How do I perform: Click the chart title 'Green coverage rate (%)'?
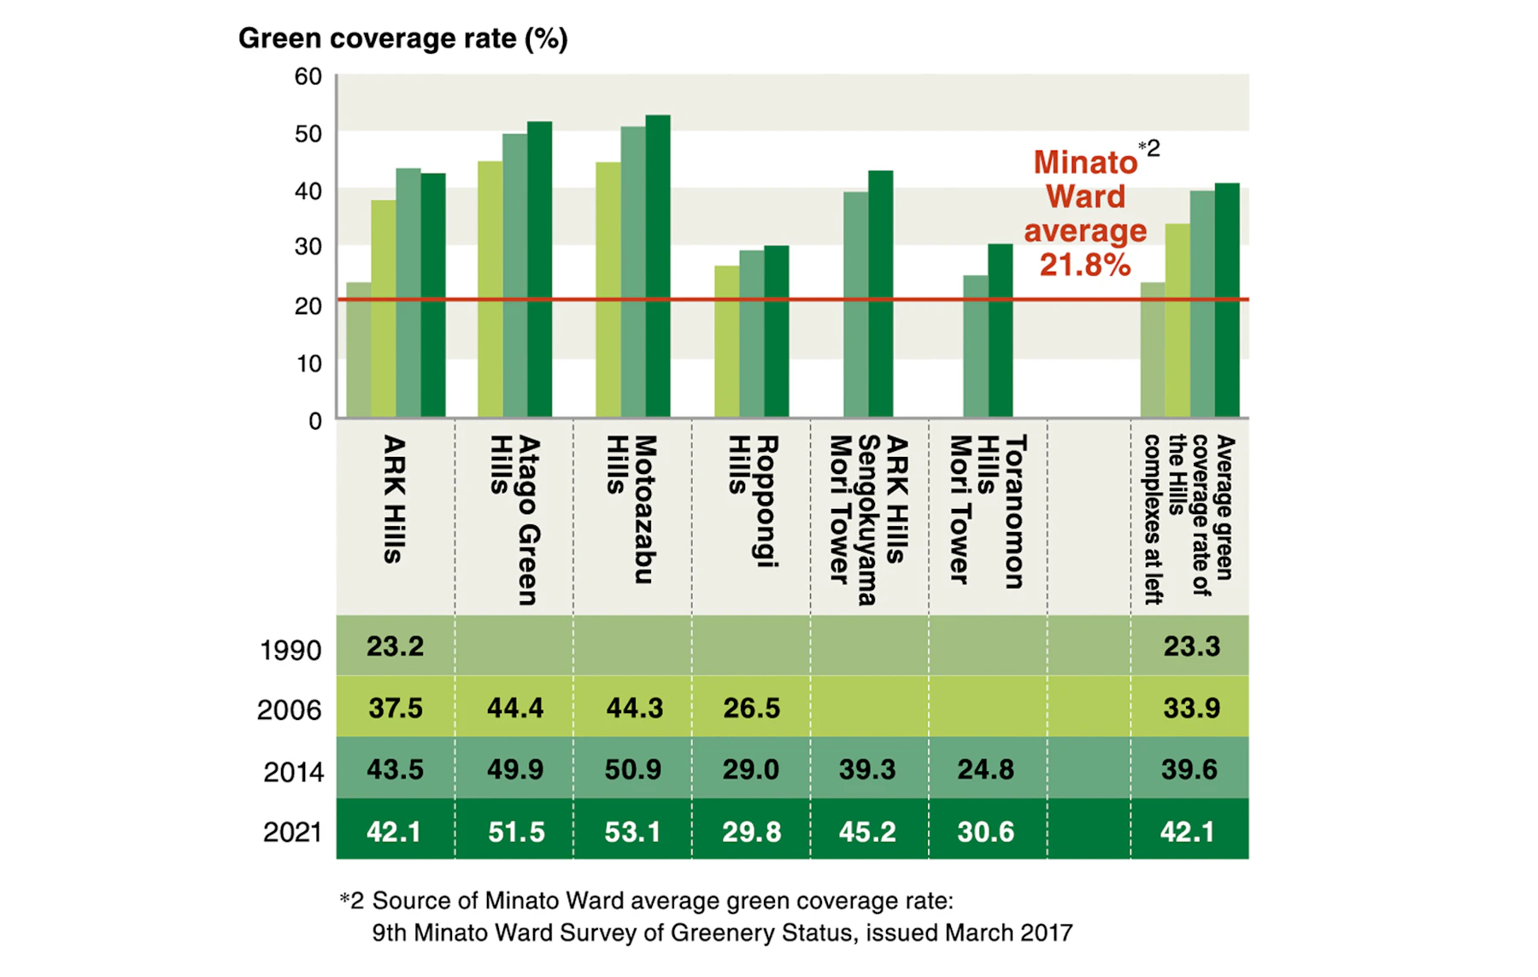402,39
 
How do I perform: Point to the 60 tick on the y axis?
308,77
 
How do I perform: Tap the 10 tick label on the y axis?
308,364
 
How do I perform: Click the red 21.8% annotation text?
1085,265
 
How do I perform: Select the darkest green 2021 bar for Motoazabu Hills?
658,266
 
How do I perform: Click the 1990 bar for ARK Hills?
359,350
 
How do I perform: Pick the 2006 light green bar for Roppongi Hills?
727,342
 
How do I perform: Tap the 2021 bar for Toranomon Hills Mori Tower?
1001,331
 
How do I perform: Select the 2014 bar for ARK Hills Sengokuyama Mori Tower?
856,305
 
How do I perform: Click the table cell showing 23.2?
395,646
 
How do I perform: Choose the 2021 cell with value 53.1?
632,832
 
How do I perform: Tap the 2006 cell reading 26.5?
751,708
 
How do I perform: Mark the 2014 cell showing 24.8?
985,769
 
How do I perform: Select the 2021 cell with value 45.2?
867,832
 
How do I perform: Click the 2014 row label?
293,772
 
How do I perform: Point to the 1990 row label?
291,651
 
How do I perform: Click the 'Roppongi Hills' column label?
753,501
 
